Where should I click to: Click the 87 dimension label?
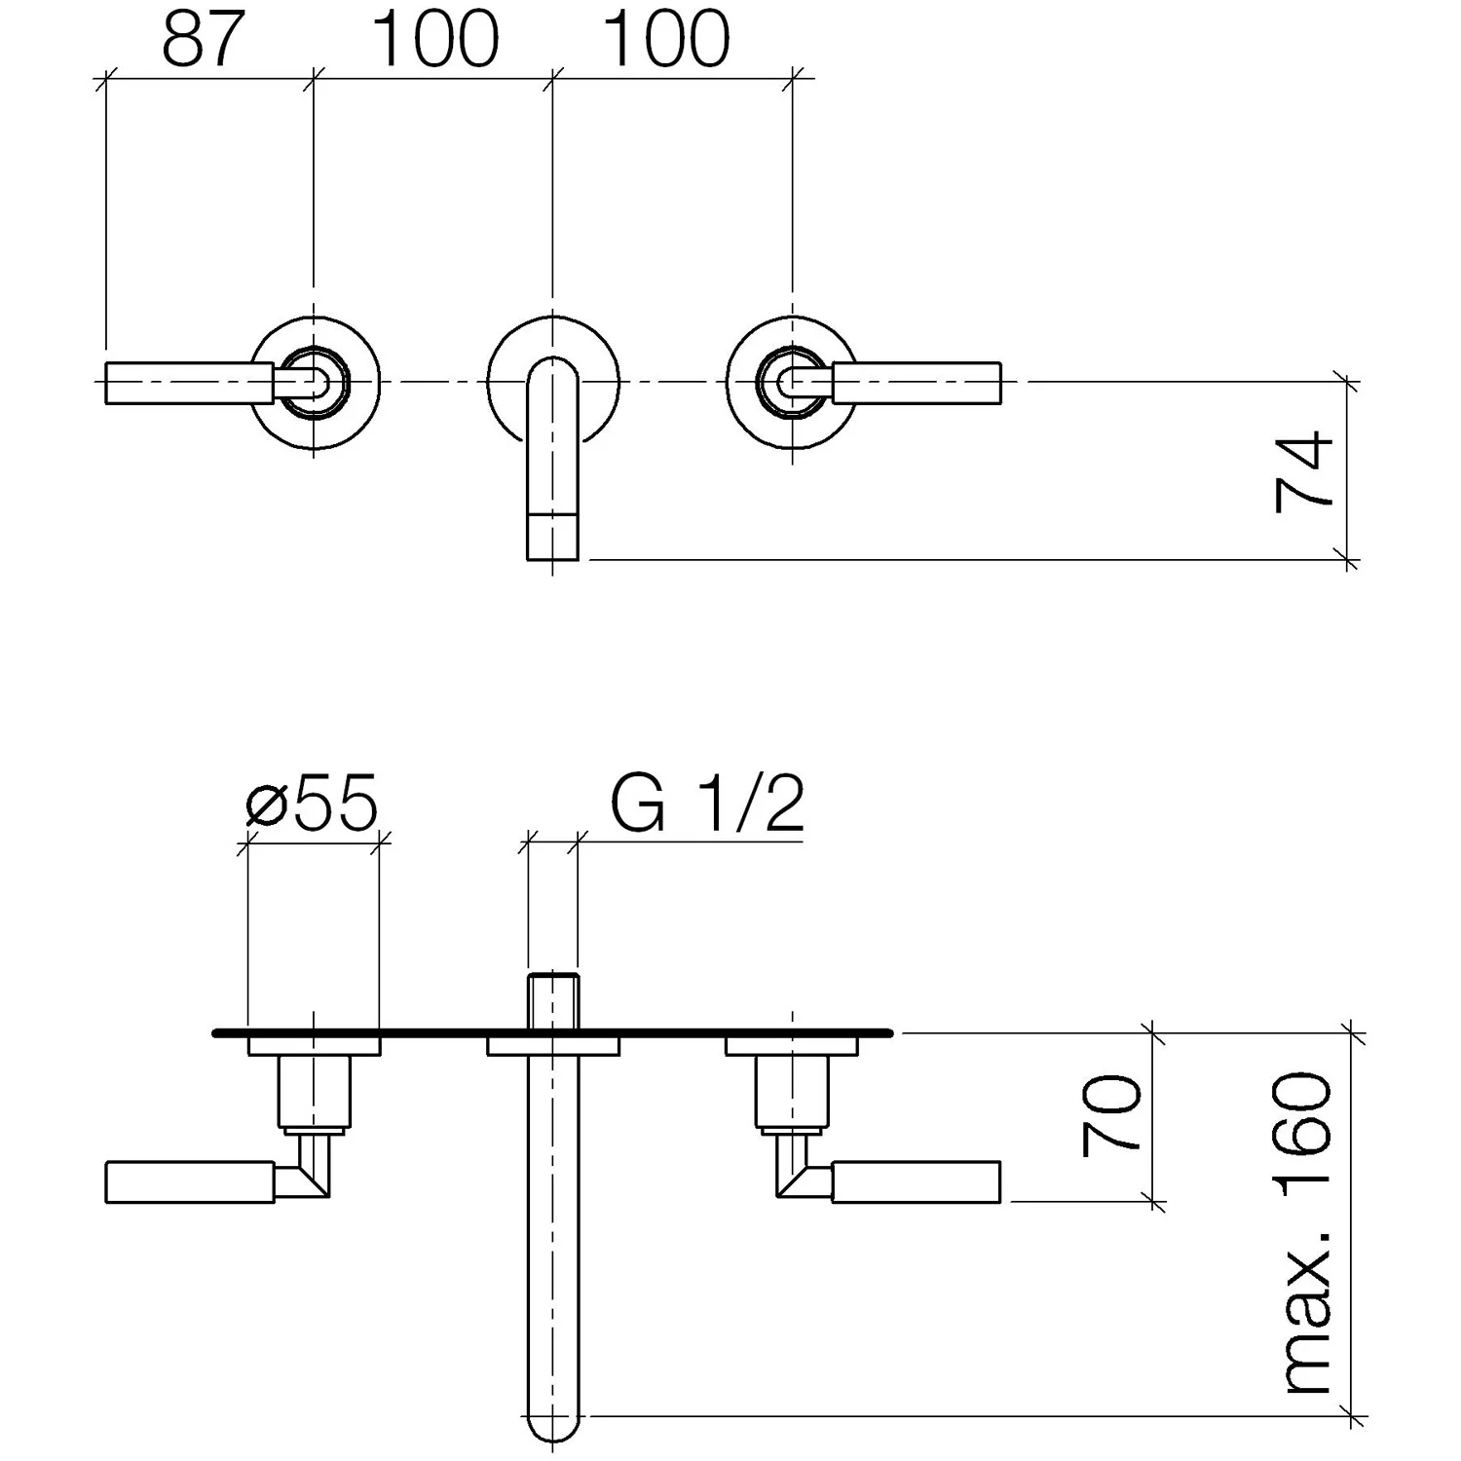click(203, 40)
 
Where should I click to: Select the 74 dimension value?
click(1303, 470)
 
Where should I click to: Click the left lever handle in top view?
click(189, 381)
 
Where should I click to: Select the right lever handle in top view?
click(916, 381)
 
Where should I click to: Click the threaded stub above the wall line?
click(553, 1000)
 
